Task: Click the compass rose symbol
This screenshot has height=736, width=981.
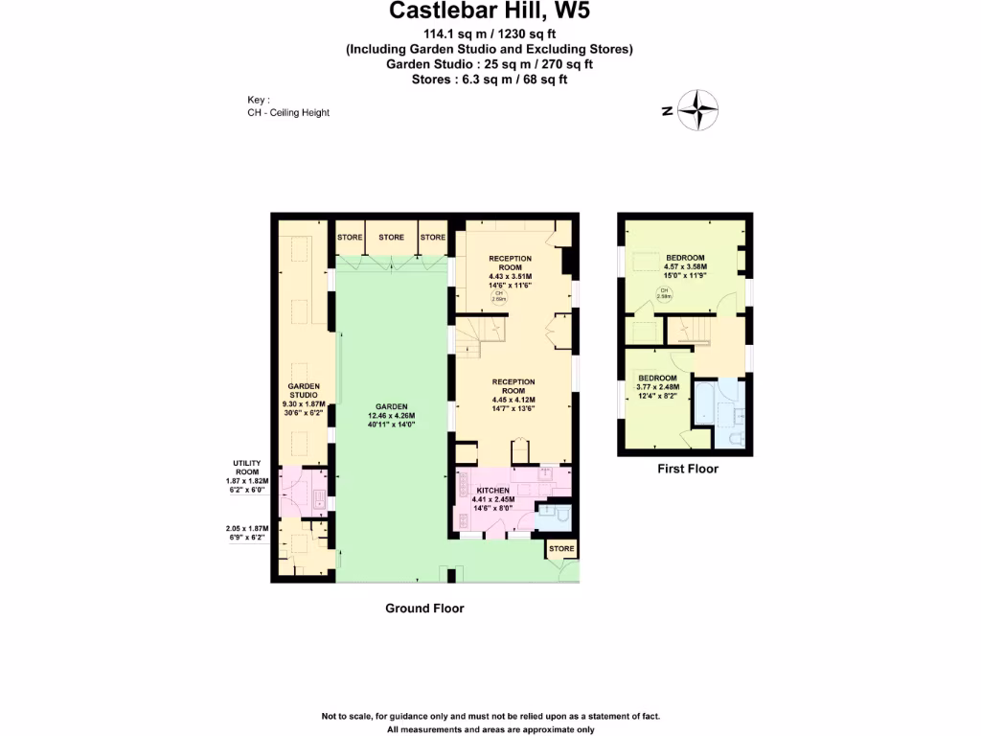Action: [x=699, y=110]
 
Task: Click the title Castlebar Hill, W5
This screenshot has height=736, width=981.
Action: [x=490, y=12]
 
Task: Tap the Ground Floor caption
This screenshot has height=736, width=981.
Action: [x=424, y=609]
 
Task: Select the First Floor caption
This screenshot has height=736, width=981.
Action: [x=687, y=469]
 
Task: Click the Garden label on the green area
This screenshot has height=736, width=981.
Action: [x=392, y=405]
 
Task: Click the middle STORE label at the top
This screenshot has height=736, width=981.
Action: [x=391, y=237]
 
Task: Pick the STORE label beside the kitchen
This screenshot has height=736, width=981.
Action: [x=561, y=549]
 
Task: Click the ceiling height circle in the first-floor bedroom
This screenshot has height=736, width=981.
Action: [x=663, y=293]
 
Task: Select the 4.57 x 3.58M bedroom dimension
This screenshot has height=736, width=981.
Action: [x=685, y=267]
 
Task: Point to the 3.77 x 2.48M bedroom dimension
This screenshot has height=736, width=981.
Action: [x=658, y=387]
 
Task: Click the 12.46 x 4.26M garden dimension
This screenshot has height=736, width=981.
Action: [x=392, y=415]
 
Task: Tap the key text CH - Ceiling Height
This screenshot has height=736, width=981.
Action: [x=287, y=112]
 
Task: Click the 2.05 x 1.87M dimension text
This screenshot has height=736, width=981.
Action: [x=246, y=528]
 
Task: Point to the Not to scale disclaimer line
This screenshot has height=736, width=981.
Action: [x=490, y=717]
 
